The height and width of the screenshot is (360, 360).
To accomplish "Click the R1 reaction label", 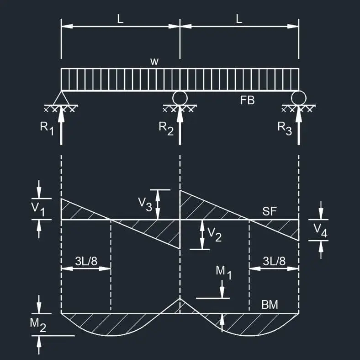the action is (x=47, y=128).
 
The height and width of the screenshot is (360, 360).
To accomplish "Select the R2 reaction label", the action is (x=166, y=128).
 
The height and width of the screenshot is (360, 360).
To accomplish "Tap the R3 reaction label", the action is (x=285, y=128).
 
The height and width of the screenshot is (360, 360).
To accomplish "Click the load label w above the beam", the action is (x=154, y=62).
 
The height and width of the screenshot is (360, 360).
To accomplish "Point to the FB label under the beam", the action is (x=247, y=100).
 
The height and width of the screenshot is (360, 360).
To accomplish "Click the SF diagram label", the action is (x=270, y=211).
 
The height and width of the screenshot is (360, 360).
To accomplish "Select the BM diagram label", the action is (x=270, y=305).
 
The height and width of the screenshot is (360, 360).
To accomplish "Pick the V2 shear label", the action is (x=215, y=235).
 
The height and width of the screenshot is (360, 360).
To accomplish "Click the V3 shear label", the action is (x=145, y=204).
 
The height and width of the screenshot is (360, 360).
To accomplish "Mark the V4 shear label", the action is (x=321, y=231).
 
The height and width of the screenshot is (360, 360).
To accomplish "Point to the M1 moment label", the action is (x=223, y=273).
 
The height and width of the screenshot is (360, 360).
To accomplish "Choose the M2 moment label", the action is (x=38, y=325).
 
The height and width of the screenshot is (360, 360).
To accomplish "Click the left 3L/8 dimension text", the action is (x=86, y=261).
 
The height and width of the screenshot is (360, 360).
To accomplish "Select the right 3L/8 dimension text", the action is (x=274, y=261).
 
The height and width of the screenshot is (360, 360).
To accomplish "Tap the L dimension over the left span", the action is (x=120, y=19).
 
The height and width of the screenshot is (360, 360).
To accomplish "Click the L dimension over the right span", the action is (x=239, y=19).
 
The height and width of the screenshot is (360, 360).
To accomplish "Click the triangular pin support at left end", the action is (x=61, y=98).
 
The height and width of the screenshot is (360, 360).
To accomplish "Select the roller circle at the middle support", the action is (x=180, y=98).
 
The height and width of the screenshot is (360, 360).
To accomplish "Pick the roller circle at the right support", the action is (x=298, y=98).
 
